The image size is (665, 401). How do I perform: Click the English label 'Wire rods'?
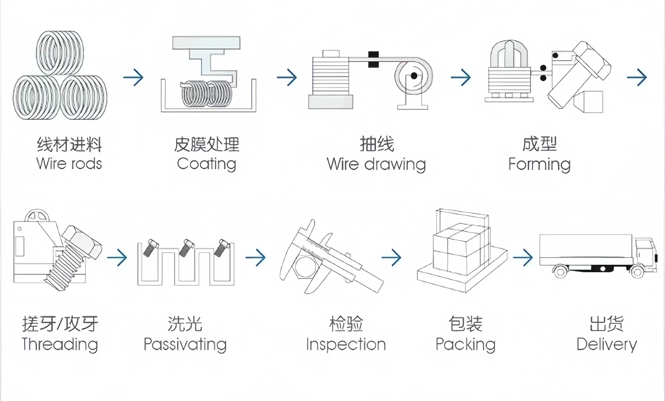69,164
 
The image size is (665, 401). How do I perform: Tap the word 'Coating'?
206,164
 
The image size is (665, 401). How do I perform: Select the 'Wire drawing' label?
376,164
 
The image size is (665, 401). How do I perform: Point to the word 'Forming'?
539,164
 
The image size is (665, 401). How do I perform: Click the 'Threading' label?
60,344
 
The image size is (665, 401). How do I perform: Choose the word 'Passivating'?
185,344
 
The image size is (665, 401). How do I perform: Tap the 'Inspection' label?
346,344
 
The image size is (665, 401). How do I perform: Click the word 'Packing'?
465,344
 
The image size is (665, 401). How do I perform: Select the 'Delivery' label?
606,344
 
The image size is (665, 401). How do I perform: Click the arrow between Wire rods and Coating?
133,77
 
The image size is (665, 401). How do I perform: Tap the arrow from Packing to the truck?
523,257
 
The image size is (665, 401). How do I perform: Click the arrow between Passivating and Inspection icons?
256,257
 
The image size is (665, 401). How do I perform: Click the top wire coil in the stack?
60,53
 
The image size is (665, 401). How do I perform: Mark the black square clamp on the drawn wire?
373,59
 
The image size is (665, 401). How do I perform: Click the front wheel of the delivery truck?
637,272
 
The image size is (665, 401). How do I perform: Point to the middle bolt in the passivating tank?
186,247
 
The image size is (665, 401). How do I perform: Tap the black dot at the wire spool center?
414,76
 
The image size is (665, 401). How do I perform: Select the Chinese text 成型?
539,144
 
